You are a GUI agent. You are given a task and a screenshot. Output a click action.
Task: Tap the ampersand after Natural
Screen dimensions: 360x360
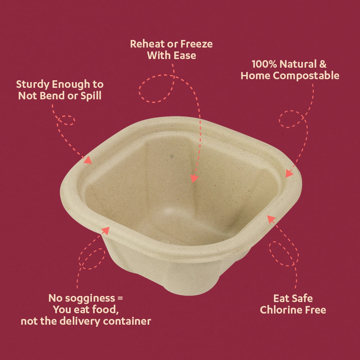click(x=323, y=64)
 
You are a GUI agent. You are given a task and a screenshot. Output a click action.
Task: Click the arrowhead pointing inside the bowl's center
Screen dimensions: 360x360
click(x=194, y=179)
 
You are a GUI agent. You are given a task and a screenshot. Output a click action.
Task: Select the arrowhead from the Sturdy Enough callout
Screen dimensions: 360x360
click(x=88, y=160)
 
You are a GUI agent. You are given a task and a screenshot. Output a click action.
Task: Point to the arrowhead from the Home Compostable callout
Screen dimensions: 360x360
click(x=288, y=174)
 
